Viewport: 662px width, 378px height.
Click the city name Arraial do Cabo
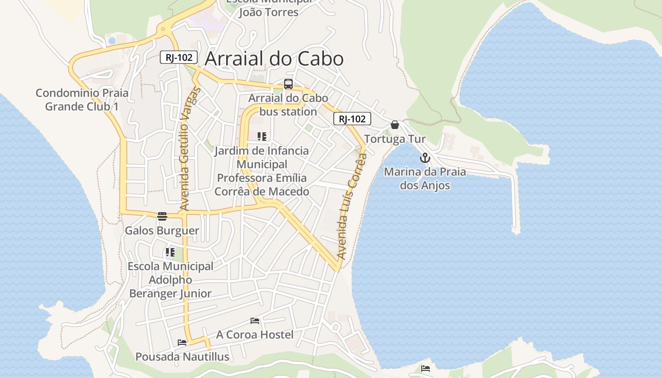click(274, 59)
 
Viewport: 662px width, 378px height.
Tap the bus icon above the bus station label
click(288, 85)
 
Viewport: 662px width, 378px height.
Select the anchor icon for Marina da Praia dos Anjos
click(425, 158)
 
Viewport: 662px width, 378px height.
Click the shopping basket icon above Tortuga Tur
click(395, 125)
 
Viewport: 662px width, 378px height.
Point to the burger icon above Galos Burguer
click(162, 216)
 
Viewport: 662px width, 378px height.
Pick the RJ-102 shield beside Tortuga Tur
click(352, 119)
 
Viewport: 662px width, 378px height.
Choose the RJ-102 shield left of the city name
click(178, 58)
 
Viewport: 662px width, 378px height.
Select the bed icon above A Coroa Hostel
click(255, 321)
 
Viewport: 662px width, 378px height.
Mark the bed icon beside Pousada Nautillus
click(182, 343)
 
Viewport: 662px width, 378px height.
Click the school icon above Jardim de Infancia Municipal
click(261, 137)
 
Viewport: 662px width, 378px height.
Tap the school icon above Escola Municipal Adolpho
click(170, 252)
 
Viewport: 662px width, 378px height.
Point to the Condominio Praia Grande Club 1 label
click(82, 100)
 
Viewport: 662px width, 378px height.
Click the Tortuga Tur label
click(395, 139)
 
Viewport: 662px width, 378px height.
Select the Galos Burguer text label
click(162, 231)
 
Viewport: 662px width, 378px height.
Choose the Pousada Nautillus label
click(182, 357)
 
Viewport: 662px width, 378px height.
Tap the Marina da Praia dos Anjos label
click(425, 179)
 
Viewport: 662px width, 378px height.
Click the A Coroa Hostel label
click(255, 335)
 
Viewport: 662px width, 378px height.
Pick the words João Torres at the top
click(269, 12)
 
